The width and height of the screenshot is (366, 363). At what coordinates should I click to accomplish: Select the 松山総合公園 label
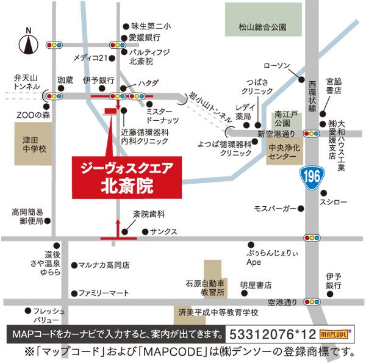[262, 27]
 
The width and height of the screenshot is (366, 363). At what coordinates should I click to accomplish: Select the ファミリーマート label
[104, 293]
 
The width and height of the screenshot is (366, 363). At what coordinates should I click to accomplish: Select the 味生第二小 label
[151, 26]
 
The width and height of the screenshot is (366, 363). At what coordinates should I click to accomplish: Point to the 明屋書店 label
[256, 285]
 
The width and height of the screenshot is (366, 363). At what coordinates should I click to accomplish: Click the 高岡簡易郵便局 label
[27, 217]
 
